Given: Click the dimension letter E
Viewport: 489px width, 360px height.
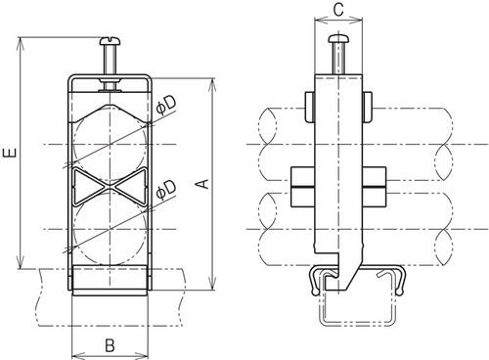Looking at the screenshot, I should tap(9, 154).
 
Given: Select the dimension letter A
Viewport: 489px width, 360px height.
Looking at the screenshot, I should tap(201, 184).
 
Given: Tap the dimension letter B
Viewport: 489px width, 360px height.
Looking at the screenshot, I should tap(110, 344).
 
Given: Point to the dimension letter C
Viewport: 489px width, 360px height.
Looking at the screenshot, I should tap(336, 11).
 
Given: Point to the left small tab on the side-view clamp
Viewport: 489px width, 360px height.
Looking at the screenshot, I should tap(307, 103).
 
